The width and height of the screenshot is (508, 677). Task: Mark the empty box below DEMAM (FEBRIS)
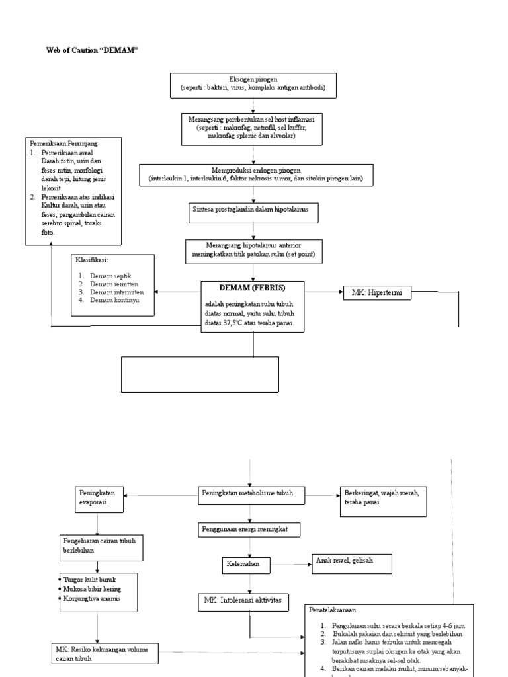[199, 374]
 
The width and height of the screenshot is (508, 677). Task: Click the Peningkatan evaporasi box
[98, 498]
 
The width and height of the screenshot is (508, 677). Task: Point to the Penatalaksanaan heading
[336, 610]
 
